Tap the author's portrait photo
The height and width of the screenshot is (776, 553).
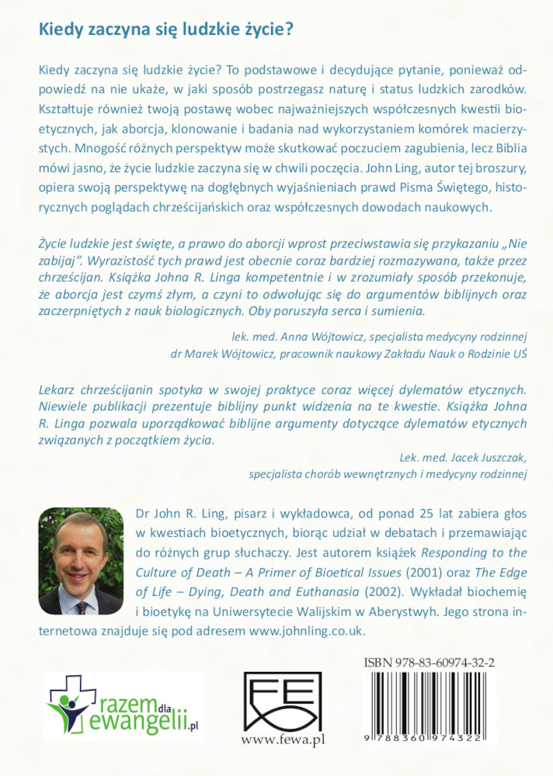click(80, 561)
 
